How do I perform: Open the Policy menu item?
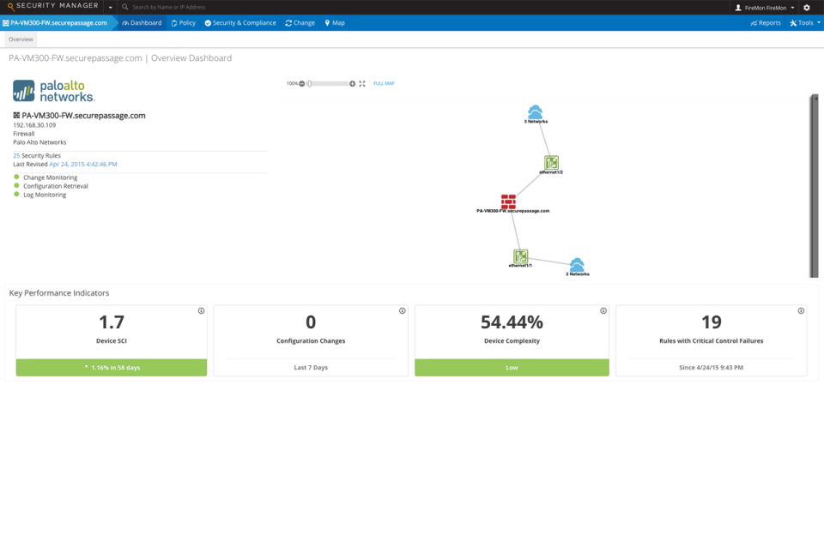pos(184,23)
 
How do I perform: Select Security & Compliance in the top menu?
pos(240,23)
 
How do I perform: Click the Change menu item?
pos(300,23)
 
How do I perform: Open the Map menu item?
pos(335,23)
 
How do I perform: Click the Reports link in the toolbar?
pos(766,23)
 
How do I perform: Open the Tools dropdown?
pos(803,23)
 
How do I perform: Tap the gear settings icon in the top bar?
pos(806,7)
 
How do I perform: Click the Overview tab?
pos(21,39)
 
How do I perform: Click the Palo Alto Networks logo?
pos(54,91)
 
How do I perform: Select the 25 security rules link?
pos(16,155)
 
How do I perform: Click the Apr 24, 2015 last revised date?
pos(83,164)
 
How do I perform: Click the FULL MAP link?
pos(384,84)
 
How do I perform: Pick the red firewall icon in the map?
pos(509,201)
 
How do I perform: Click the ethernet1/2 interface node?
pos(551,163)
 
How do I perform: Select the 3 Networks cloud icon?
pos(536,111)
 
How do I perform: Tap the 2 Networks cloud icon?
pos(577,265)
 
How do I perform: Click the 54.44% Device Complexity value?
pos(512,322)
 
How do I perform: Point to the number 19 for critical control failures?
pos(711,322)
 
